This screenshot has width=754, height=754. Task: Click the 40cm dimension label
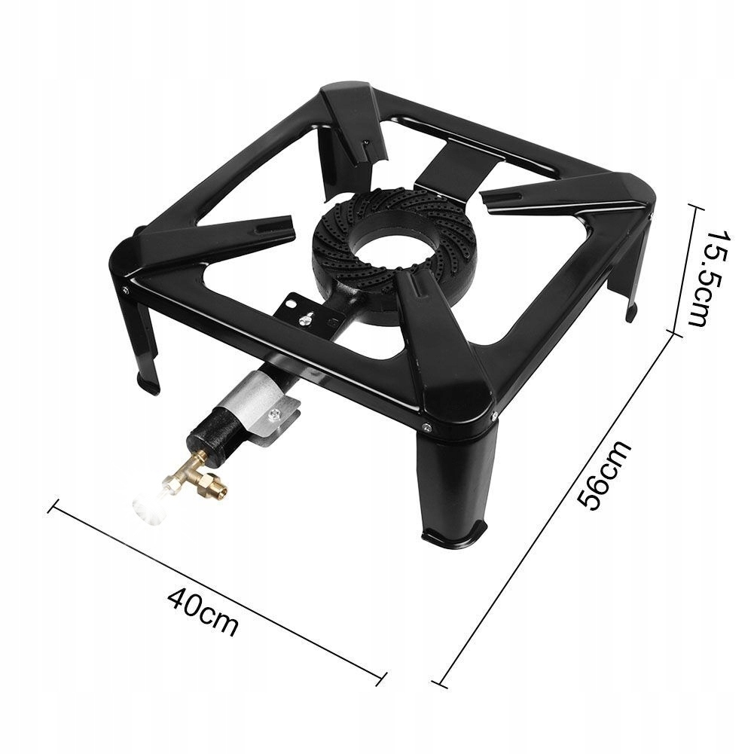pos(203,611)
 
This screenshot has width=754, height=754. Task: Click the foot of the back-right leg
pos(632,312)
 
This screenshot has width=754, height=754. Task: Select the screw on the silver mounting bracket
pos(275,413)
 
